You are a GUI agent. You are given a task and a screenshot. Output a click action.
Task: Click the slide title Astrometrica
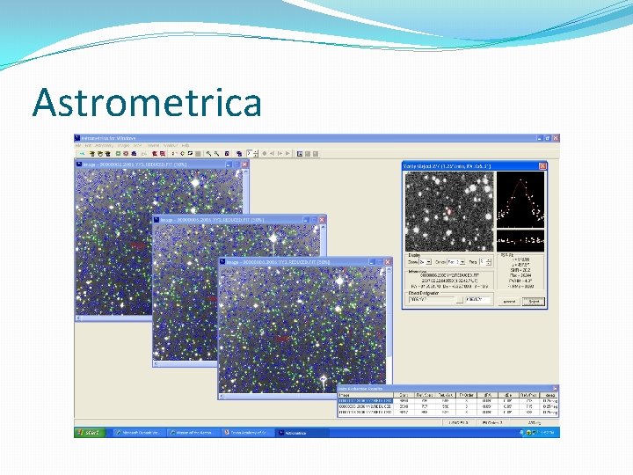click(147, 102)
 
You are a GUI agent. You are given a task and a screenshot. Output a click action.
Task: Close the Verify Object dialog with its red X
click(542, 166)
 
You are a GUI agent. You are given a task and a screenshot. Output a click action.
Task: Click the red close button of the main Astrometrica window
click(554, 138)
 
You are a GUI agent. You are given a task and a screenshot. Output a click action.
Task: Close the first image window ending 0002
click(244, 164)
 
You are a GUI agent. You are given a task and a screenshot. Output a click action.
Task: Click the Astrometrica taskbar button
click(302, 433)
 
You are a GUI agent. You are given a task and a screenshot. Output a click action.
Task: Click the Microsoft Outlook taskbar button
click(141, 433)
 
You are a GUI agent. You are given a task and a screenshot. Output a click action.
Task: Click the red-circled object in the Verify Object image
click(448, 210)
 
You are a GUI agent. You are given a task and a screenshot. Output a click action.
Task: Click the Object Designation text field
click(431, 300)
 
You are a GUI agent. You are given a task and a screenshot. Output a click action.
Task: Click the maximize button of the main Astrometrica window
click(546, 138)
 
